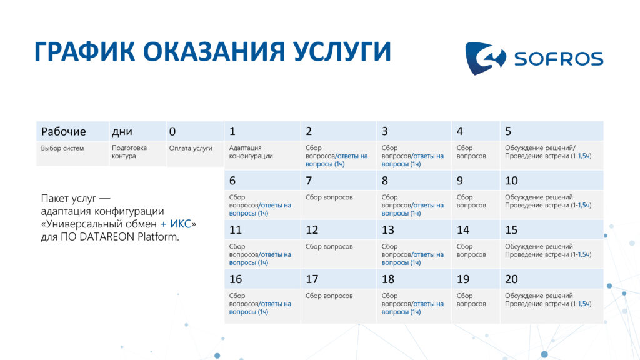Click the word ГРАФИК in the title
[85, 52]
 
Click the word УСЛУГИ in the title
[342, 52]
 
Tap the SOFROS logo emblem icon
[485, 58]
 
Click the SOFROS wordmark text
[558, 59]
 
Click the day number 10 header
[511, 181]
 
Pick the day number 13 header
[387, 230]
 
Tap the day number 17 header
[312, 279]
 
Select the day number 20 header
[511, 279]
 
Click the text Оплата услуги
[191, 148]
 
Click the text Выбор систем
[62, 148]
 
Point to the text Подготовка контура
[129, 152]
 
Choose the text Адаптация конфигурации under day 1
[251, 152]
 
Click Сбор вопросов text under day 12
[329, 246]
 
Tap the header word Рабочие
[63, 131]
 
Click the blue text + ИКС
[176, 224]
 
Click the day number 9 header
[459, 181]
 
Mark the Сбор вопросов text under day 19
[471, 299]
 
